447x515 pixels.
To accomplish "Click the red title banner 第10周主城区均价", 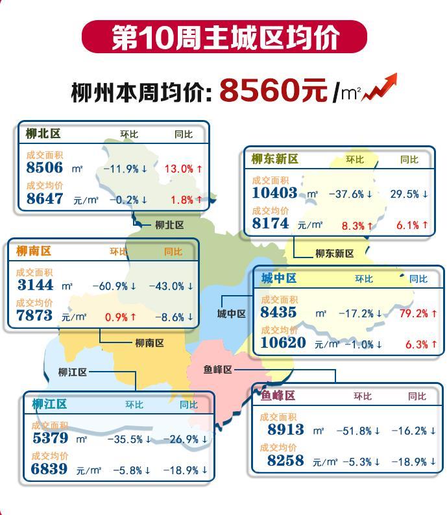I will coord(224,37).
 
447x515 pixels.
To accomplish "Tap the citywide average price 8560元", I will coord(273,90).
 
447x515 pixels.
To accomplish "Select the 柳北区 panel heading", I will coord(43,134).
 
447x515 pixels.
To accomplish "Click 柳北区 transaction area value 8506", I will coord(45,167).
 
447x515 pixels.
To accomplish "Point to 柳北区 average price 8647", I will coord(45,198).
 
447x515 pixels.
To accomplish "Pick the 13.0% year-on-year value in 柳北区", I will coord(183,169).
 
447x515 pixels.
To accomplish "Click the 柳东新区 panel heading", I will coord(274,159).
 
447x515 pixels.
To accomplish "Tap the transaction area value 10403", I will coord(274,193).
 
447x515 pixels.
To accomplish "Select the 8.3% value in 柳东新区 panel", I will coord(357,225).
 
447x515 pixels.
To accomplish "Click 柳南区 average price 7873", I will coord(34,316).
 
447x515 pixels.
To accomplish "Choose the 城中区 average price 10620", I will coord(283,342).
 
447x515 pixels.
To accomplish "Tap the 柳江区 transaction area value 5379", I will coord(50,438).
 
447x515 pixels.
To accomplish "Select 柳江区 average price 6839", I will coord(50,469).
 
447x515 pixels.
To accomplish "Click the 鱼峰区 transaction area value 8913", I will coord(285,429).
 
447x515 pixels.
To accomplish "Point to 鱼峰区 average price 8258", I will coord(285,461).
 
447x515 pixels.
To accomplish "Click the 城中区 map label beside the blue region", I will coord(232,314).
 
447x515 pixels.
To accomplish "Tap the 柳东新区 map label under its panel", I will coord(335,254).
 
